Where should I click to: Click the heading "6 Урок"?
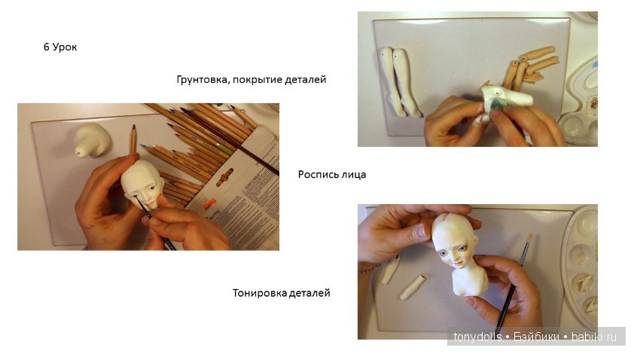[60, 47]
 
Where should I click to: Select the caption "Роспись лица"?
[332, 174]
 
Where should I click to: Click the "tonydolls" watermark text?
[477, 337]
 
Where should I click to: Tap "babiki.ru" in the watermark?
[594, 337]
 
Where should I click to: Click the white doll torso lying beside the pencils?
[93, 139]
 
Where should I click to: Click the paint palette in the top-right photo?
[581, 102]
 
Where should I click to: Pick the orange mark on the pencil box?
[208, 203]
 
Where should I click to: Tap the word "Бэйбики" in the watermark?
[536, 337]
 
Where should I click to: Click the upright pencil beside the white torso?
[133, 139]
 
